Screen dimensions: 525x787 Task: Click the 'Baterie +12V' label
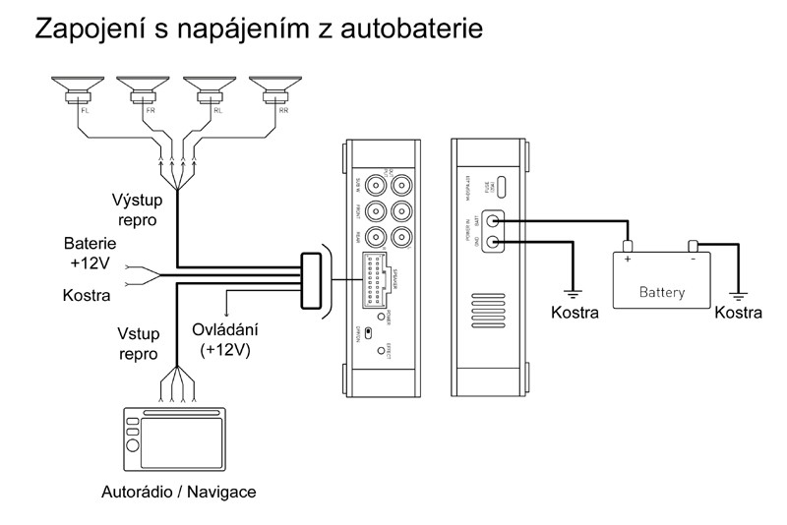91,252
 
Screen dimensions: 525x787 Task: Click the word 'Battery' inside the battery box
662,292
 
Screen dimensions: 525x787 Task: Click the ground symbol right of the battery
738,292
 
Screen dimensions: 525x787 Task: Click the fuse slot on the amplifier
501,187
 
